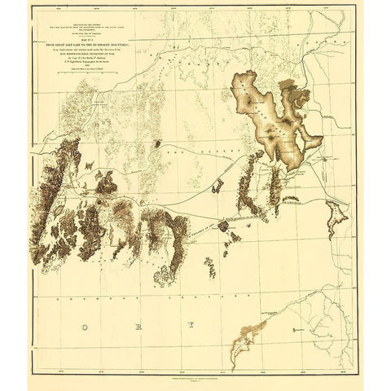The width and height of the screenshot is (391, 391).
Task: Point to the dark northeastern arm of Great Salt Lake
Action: pos(298,98)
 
